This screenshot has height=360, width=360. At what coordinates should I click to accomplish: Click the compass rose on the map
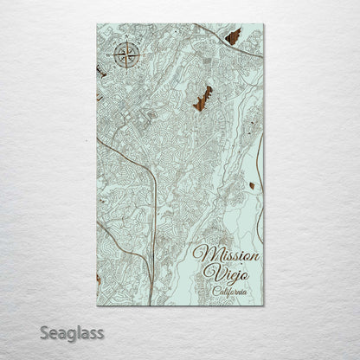tap(125, 57)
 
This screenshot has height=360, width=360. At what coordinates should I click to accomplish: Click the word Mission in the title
tap(222, 254)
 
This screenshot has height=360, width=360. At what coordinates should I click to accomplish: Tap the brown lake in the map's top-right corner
tap(233, 36)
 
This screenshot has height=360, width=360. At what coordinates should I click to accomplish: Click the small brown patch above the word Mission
tap(251, 185)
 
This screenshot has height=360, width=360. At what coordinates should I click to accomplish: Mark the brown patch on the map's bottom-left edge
tap(99, 279)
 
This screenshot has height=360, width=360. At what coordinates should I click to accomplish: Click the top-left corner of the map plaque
tap(97, 24)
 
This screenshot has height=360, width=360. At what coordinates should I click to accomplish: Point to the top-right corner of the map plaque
tap(264, 24)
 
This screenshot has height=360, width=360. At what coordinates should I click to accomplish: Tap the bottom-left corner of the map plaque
tap(97, 306)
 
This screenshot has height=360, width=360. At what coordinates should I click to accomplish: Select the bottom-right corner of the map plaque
tap(264, 306)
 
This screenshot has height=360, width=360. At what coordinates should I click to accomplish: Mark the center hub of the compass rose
tap(125, 57)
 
